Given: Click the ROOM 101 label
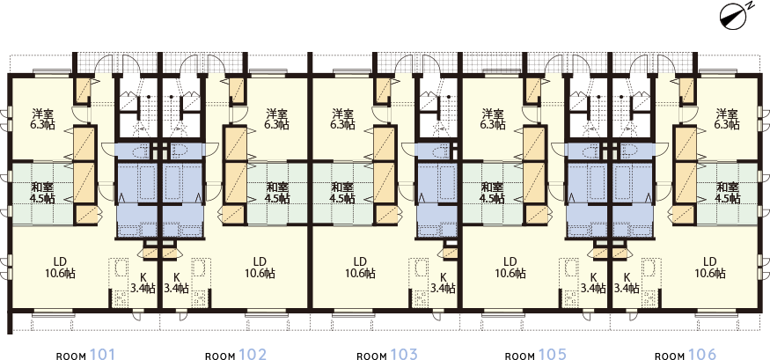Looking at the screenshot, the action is tap(86, 355).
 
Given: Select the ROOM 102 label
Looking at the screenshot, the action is tap(236, 355).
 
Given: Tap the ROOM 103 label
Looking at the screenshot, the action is tap(387, 355).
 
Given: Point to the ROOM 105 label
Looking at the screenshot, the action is tap(536, 355).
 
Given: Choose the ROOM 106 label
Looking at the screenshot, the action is tap(686, 355).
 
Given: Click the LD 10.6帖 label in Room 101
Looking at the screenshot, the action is tap(61, 268).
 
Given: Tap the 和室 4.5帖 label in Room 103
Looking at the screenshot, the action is tap(342, 193).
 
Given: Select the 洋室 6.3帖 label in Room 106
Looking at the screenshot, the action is tap(727, 119).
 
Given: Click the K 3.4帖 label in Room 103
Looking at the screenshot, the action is tap(444, 283).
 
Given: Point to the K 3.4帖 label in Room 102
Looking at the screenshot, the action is tap(176, 283).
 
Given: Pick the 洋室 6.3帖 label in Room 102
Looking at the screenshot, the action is tap(277, 119).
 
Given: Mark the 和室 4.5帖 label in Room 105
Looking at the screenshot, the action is tap(492, 193).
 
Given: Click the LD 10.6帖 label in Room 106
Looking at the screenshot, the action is tap(710, 268).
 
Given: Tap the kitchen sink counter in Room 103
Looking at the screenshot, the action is tap(419, 283).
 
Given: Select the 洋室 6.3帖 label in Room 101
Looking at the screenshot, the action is tap(42, 119).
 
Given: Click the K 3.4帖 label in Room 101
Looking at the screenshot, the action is tap(143, 283).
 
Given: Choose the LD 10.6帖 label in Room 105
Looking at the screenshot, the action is tap(510, 268).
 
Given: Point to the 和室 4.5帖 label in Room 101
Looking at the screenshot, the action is tap(42, 193).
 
